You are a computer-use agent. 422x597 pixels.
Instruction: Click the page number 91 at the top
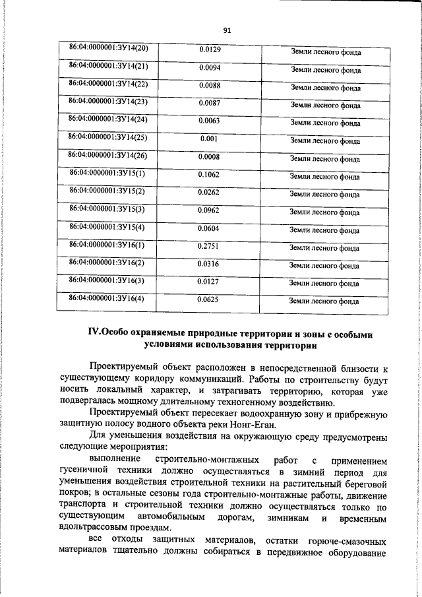click(x=226, y=30)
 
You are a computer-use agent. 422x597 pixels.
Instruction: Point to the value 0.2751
click(x=208, y=246)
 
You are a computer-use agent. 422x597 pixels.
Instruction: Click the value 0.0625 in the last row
click(x=208, y=299)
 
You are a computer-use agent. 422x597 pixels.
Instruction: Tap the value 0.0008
click(x=209, y=157)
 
